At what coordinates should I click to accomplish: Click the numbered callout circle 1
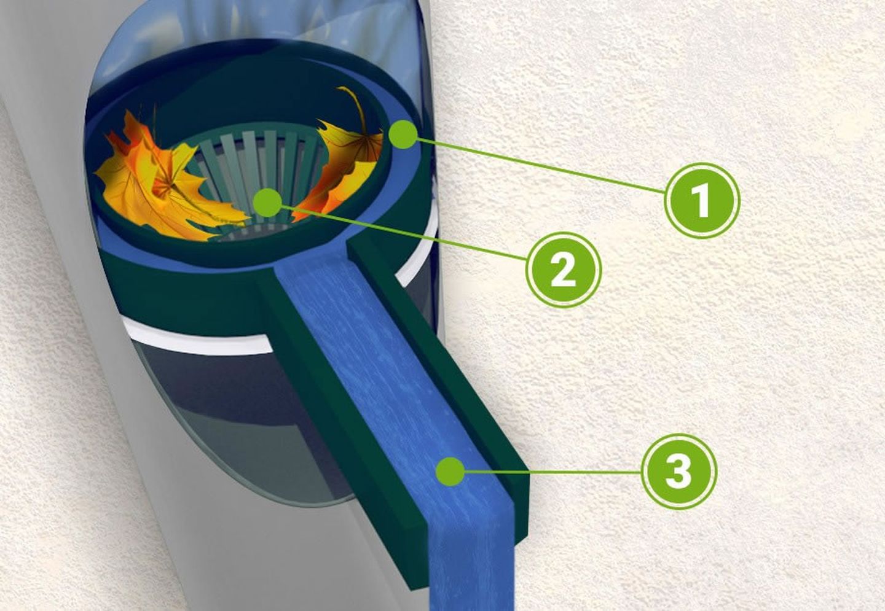click(701, 201)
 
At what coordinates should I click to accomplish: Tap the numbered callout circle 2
click(564, 270)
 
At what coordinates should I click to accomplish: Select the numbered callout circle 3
click(678, 471)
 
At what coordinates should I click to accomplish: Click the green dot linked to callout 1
click(403, 134)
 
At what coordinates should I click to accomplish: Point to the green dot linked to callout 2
click(267, 203)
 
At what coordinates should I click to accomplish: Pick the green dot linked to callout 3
click(450, 471)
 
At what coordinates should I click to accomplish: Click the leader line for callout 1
click(540, 165)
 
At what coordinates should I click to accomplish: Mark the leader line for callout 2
click(404, 233)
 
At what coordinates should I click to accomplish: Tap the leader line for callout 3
click(553, 471)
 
